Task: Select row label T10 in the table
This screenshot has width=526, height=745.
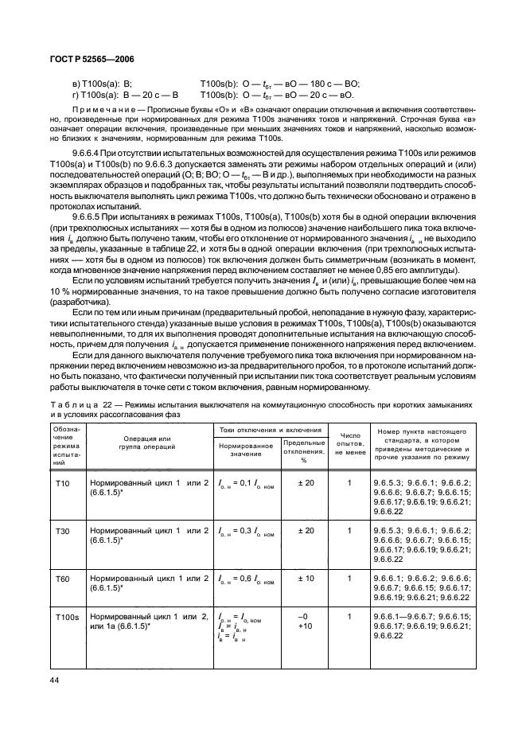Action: [x=62, y=483]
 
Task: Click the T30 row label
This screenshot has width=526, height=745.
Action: [x=62, y=529]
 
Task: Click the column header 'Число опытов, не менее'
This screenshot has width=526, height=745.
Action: [x=349, y=443]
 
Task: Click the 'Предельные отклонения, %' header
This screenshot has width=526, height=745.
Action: [x=304, y=451]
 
